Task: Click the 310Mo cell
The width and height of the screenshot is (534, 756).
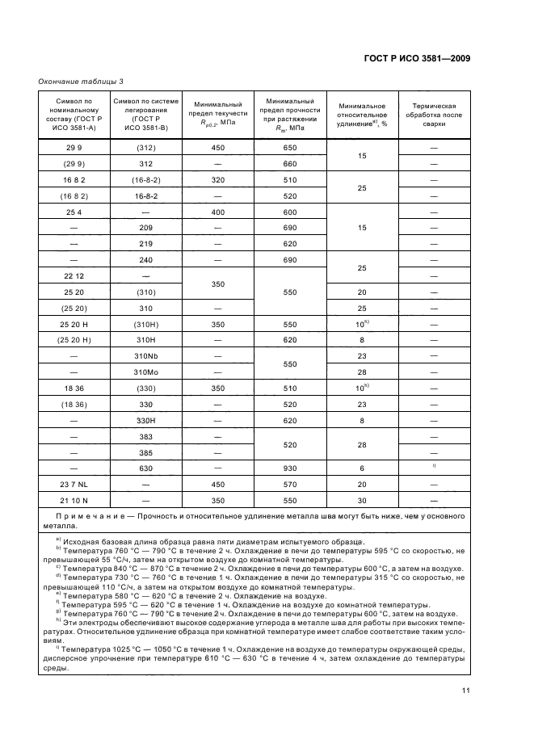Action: pyautogui.click(x=146, y=372)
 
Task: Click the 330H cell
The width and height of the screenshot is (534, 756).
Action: pyautogui.click(x=146, y=420)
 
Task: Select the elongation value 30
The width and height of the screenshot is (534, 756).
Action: pyautogui.click(x=362, y=501)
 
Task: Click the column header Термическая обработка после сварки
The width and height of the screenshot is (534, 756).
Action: pyautogui.click(x=435, y=116)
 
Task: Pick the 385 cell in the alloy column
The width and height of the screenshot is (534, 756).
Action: pyautogui.click(x=146, y=452)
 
